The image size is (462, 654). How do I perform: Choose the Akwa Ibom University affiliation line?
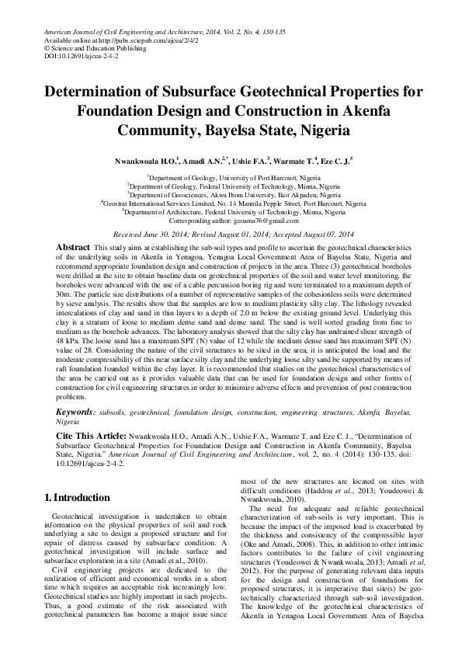point(232,194)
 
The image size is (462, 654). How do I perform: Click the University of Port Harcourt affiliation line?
point(232,177)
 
